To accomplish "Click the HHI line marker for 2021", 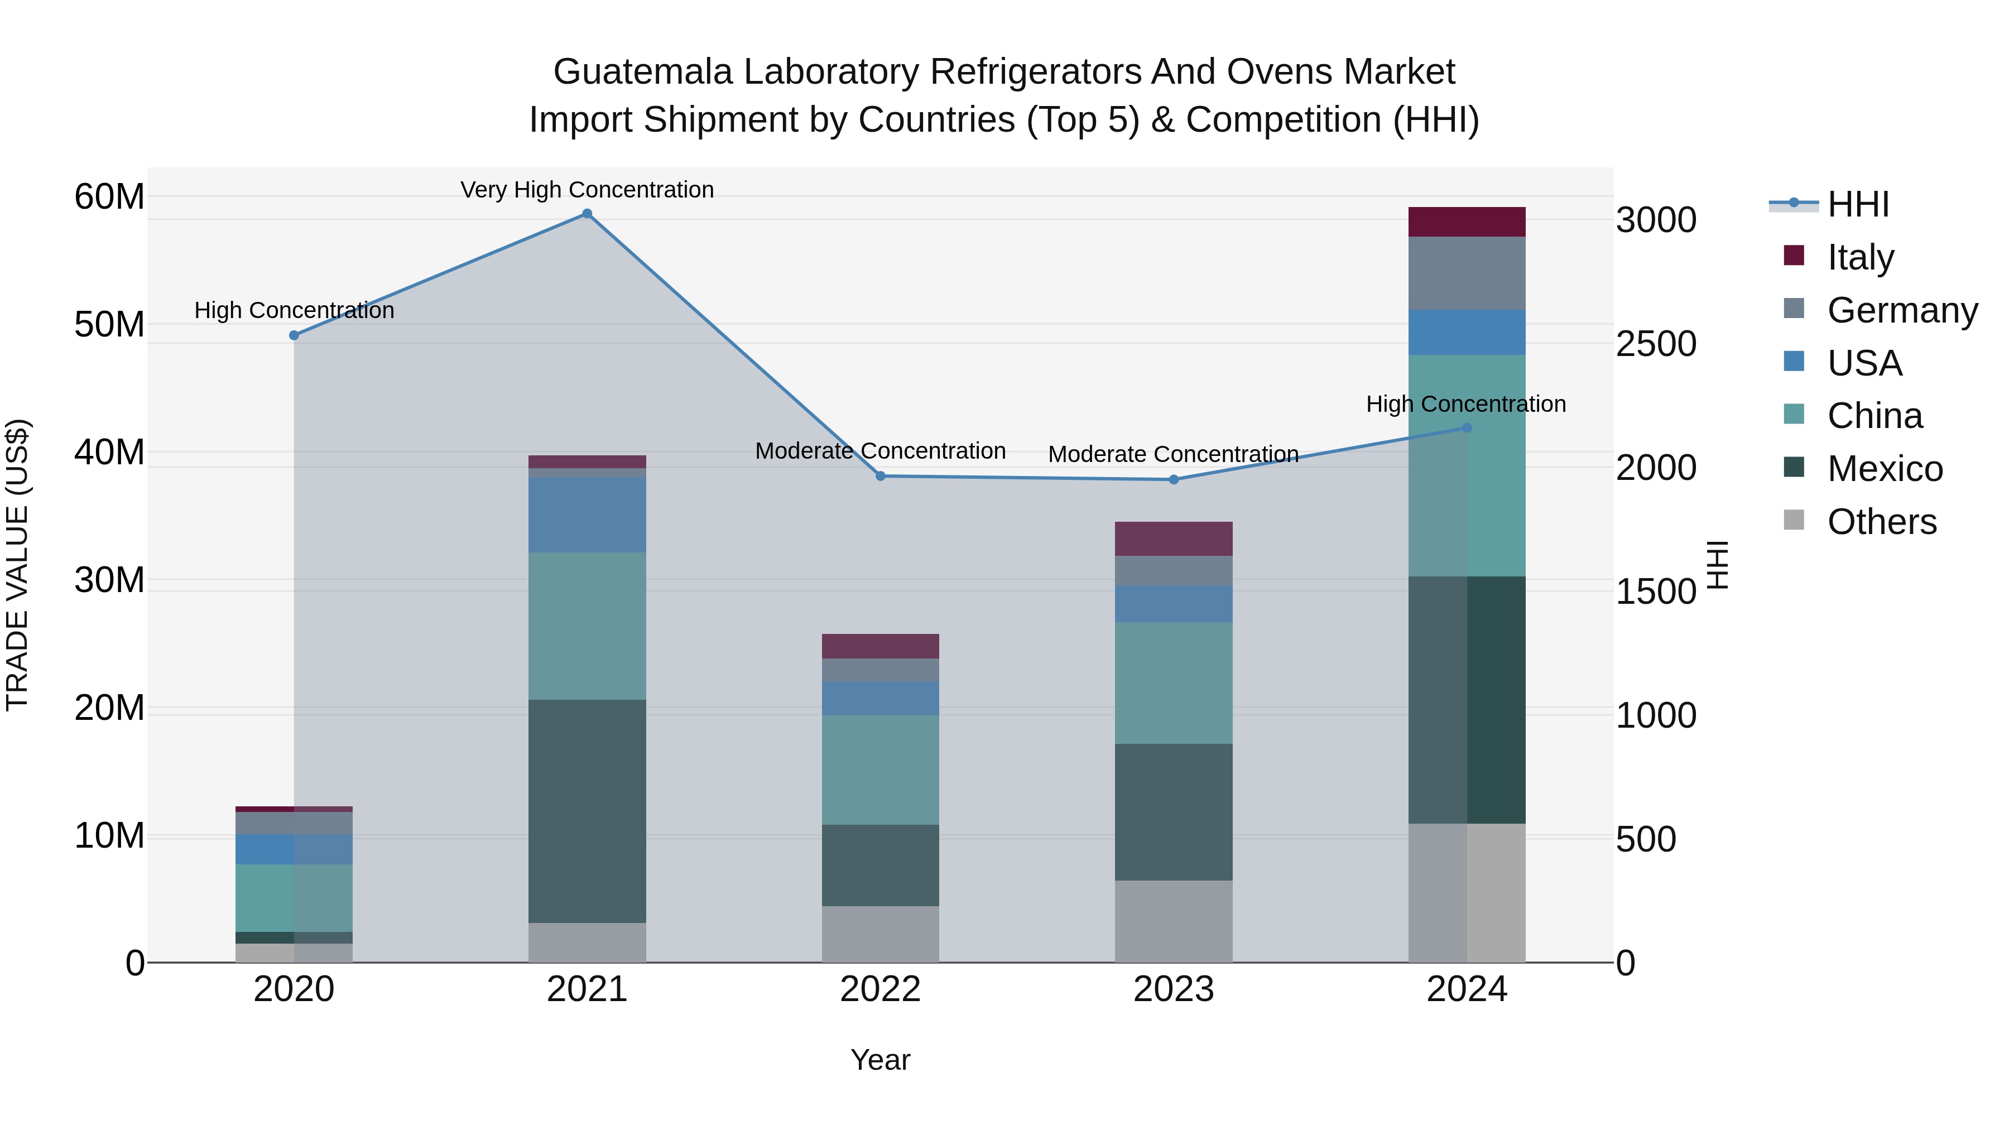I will click(587, 214).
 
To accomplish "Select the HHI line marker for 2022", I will click(881, 475).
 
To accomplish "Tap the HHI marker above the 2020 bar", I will click(294, 335).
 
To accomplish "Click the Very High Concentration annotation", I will click(587, 190).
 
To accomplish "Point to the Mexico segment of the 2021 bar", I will click(587, 811).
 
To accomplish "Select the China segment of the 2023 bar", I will click(1174, 682).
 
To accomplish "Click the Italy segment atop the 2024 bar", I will click(1467, 222).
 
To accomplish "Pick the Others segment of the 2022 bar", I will click(881, 934).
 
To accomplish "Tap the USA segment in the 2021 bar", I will click(587, 514).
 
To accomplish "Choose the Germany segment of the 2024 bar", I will click(1467, 273).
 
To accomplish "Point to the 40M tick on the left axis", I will click(109, 453).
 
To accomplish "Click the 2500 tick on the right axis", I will click(1656, 344).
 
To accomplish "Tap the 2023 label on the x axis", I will click(1174, 989).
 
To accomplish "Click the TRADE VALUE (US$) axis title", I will click(17, 565).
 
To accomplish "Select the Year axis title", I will click(881, 1060).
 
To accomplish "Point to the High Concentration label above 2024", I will click(1465, 404).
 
